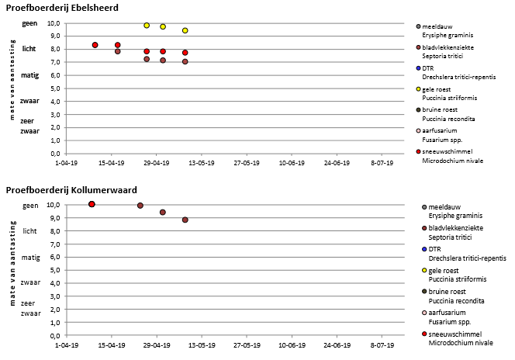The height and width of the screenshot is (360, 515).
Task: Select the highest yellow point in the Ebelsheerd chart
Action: click(x=147, y=26)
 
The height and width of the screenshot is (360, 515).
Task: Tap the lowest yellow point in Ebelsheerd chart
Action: click(x=185, y=30)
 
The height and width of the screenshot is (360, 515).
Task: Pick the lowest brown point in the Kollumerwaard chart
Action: click(x=185, y=220)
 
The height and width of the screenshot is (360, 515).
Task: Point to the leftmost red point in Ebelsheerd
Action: click(x=95, y=45)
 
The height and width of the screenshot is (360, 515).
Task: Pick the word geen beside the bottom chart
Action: click(x=30, y=205)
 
